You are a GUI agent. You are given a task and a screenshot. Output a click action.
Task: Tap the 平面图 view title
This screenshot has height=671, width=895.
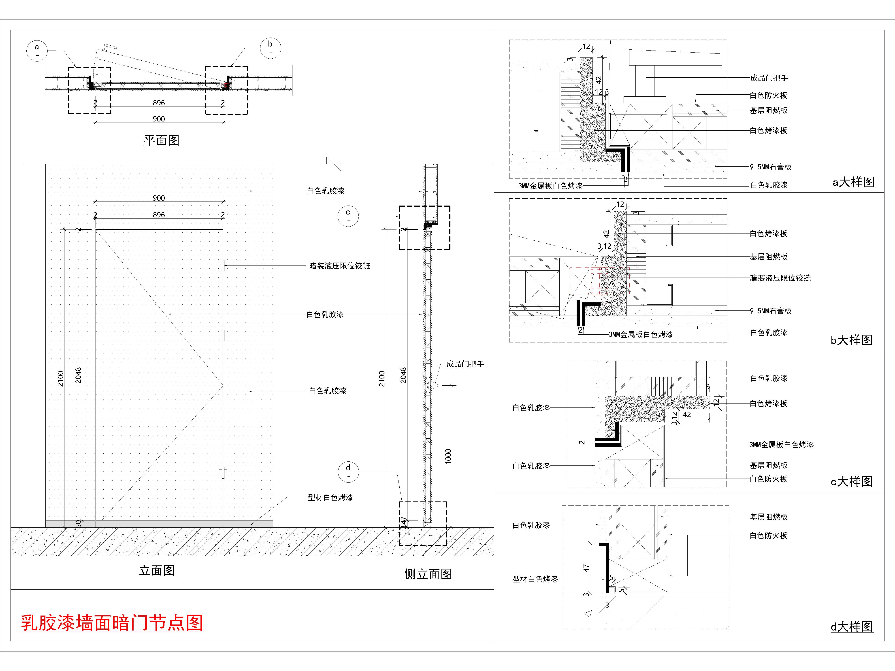pos(162,140)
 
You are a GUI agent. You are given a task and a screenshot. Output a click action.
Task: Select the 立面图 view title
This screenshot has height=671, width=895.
pos(157,571)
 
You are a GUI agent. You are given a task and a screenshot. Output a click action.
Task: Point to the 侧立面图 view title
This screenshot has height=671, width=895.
pos(428,574)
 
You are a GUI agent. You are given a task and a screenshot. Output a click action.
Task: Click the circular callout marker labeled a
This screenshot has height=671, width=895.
pos(37,51)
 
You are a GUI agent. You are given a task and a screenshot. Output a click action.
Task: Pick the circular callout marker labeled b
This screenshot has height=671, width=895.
pos(270,48)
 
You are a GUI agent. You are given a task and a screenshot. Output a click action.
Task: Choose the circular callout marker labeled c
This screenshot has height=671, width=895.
pos(348,216)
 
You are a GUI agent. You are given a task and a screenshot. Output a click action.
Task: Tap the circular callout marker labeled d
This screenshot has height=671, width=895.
pos(348,472)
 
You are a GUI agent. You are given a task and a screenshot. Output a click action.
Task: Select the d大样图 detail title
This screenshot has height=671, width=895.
pos(852,626)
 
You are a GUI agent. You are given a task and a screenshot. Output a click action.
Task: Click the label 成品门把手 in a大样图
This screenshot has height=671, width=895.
pos(769,78)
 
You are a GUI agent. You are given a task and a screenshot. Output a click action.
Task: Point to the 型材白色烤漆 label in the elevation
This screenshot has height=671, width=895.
pos(330,497)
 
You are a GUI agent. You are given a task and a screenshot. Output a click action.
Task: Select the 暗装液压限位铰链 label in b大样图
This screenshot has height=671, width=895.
pos(780,278)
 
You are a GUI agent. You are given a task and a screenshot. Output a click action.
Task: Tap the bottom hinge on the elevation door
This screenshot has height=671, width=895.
pos(223,472)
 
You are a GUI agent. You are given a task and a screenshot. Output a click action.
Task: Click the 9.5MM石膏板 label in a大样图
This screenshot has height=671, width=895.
pos(770,167)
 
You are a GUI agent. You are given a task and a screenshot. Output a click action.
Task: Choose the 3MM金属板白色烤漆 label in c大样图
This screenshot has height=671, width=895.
pos(781,444)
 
